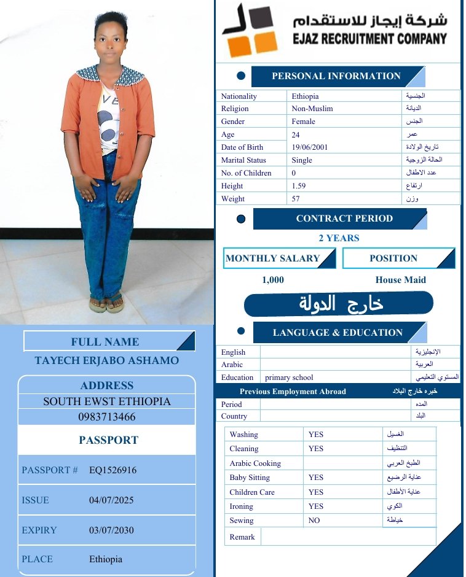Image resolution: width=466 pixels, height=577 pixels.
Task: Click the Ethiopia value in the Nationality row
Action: [x=305, y=96]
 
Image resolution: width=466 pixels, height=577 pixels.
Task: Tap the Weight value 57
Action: [x=296, y=199]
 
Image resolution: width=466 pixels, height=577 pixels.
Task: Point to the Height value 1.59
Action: [x=299, y=186]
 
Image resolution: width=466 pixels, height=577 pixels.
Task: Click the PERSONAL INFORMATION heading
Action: [x=336, y=76]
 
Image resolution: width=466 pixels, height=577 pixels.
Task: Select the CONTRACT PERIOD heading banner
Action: [x=344, y=219]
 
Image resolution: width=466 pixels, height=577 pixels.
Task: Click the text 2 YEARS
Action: [x=339, y=238]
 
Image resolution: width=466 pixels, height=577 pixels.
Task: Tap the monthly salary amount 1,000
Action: [x=273, y=280]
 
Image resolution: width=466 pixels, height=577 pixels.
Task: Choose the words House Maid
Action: [x=400, y=280]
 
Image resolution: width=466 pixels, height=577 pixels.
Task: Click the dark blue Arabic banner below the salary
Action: [x=339, y=303]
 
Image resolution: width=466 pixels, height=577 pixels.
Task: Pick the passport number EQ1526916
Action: [x=113, y=470]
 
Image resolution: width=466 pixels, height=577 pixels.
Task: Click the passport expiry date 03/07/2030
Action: [x=111, y=530]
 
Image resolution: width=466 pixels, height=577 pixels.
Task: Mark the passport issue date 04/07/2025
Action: [x=111, y=500]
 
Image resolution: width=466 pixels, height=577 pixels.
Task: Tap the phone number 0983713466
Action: [x=106, y=417]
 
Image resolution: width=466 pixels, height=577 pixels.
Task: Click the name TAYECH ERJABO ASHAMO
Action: [x=106, y=360]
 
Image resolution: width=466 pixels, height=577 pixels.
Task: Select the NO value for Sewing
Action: [x=314, y=521]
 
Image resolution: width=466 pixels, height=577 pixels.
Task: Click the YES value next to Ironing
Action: [x=315, y=506]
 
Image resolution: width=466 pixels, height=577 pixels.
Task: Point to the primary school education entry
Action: [x=288, y=378]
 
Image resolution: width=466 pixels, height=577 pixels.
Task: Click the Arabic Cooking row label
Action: [x=255, y=463]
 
